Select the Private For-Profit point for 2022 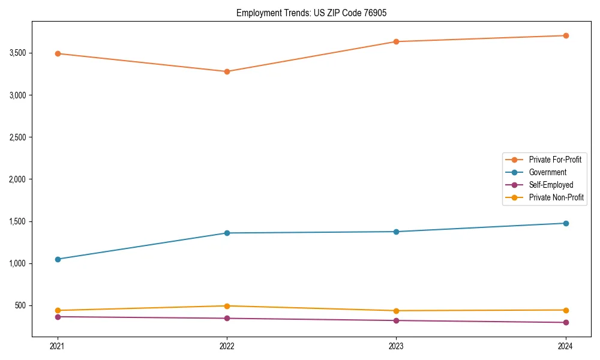pos(227,71)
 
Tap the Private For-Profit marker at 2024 pos(566,35)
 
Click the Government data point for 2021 pos(58,259)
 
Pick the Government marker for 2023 pos(396,232)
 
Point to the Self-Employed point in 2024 pos(566,323)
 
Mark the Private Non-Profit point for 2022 pos(227,306)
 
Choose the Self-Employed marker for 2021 pos(58,317)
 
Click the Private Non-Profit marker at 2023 pos(396,311)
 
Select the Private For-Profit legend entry pos(554,160)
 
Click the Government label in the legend pos(547,172)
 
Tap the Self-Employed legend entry pos(551,185)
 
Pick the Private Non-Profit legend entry pos(556,197)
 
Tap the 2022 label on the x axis pos(227,346)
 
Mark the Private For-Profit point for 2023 pos(396,41)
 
